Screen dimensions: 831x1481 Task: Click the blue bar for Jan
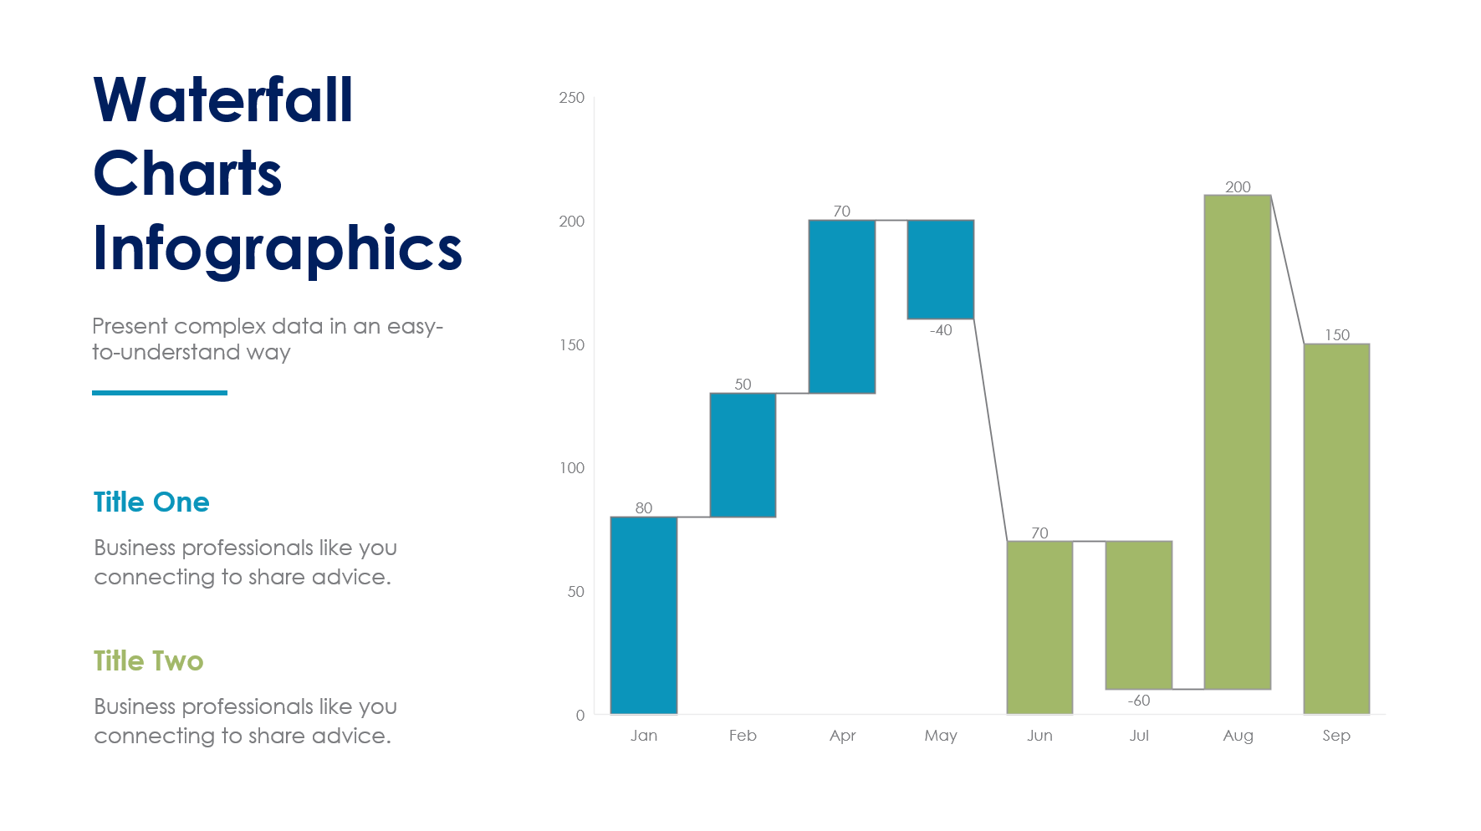pyautogui.click(x=643, y=615)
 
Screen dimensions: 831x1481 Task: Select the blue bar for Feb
pyautogui.click(x=743, y=455)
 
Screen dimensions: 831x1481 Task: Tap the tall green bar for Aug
pyautogui.click(x=1237, y=441)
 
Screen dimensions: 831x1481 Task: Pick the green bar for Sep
pyautogui.click(x=1335, y=528)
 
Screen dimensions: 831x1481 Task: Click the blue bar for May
pyautogui.click(x=940, y=269)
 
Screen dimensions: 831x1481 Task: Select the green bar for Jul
pyautogui.click(x=1138, y=614)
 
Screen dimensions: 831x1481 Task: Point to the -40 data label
pyautogui.click(x=941, y=330)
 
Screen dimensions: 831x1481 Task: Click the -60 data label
pyautogui.click(x=1138, y=701)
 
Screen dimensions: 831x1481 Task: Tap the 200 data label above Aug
pyautogui.click(x=1238, y=186)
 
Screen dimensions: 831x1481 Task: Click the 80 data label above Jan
pyautogui.click(x=643, y=507)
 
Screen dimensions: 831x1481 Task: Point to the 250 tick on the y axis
pyautogui.click(x=572, y=98)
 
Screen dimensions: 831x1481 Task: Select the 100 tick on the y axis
pyautogui.click(x=572, y=468)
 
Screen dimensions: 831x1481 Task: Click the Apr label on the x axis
pyautogui.click(x=842, y=736)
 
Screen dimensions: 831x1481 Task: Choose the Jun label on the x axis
pyautogui.click(x=1039, y=736)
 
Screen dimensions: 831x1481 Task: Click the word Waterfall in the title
pyautogui.click(x=223, y=100)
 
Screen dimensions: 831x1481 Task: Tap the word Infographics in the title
pyautogui.click(x=277, y=249)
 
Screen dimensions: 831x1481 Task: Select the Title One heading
pyautogui.click(x=151, y=502)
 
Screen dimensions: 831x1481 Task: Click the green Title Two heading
pyautogui.click(x=148, y=661)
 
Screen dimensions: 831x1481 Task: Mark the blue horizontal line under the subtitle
pyautogui.click(x=160, y=392)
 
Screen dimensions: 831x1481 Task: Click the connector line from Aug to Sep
pyautogui.click(x=1287, y=269)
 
